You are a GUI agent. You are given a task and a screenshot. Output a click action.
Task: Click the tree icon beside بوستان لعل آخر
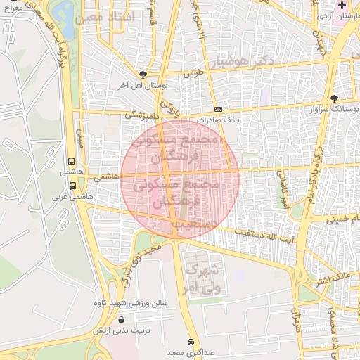[144, 74]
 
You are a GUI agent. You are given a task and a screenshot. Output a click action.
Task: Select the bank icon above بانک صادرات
[219, 109]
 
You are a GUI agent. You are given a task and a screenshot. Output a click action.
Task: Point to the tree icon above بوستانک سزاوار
[334, 98]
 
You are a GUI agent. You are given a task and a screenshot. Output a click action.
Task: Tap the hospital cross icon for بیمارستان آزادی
[342, 6]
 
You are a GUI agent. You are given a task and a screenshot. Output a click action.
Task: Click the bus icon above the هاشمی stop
[72, 161]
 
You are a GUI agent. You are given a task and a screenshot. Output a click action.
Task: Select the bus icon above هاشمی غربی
[72, 186]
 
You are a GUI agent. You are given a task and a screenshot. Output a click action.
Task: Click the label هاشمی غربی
[79, 197]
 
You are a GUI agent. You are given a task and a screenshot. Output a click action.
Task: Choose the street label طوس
[192, 73]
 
